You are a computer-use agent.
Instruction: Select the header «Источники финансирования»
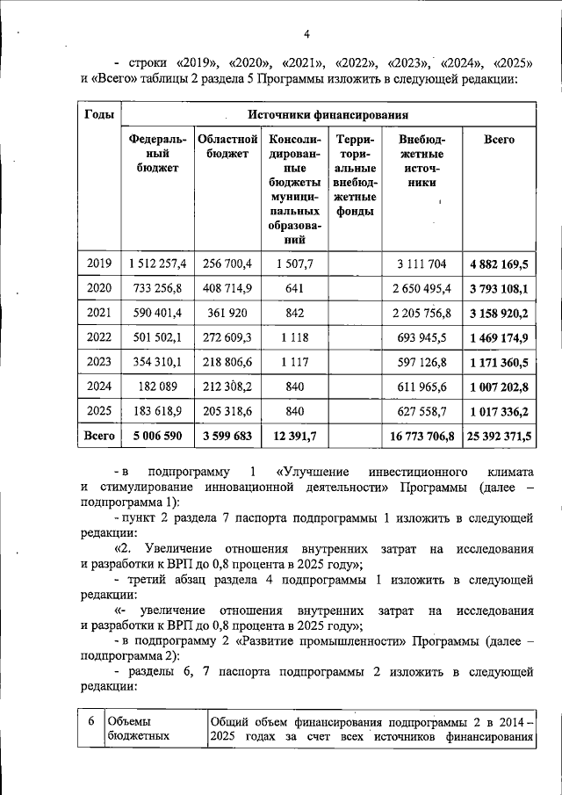(327, 115)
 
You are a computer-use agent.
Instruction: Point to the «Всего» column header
(499, 140)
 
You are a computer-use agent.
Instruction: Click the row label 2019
(98, 264)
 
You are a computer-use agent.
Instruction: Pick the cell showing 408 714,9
(227, 288)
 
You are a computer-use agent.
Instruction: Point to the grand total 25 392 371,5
(499, 435)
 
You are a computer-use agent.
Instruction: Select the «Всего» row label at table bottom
(98, 435)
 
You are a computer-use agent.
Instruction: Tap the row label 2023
(98, 361)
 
